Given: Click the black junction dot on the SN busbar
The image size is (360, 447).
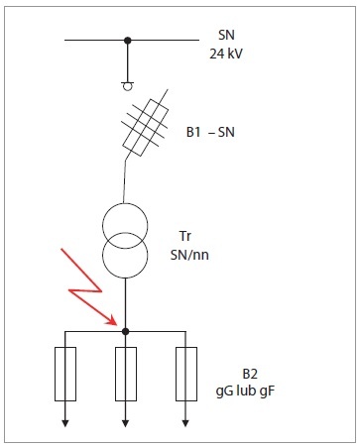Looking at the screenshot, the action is click(x=128, y=41).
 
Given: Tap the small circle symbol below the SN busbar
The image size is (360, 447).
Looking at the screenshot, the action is click(x=128, y=86).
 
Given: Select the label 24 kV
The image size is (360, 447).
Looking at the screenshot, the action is click(x=226, y=54).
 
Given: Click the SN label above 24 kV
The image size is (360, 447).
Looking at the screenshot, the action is click(x=226, y=35).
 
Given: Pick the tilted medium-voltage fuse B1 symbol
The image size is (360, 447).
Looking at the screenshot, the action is click(x=146, y=127).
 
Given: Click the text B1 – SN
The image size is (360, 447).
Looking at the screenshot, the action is click(x=210, y=132).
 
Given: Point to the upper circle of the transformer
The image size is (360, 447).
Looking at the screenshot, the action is click(x=125, y=226).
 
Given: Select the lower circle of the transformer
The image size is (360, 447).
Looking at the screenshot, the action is click(x=125, y=255).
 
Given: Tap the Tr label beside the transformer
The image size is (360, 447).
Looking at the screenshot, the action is click(x=185, y=236).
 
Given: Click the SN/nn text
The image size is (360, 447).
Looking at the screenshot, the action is click(x=189, y=255).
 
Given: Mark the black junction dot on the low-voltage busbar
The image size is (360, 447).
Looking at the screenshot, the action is click(x=125, y=331).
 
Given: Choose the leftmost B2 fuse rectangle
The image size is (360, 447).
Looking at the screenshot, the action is click(x=65, y=374).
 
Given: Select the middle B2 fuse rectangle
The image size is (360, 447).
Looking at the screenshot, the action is click(x=126, y=374).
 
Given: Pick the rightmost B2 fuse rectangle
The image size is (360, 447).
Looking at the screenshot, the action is click(x=186, y=374).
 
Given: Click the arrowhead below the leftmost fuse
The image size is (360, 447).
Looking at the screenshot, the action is click(x=65, y=423).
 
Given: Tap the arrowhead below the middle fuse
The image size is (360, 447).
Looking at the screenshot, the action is click(x=125, y=423).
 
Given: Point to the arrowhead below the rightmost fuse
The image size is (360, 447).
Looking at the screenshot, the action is click(x=185, y=423).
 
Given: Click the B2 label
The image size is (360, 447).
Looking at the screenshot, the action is click(x=250, y=374).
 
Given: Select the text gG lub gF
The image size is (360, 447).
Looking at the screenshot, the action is click(x=245, y=391).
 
